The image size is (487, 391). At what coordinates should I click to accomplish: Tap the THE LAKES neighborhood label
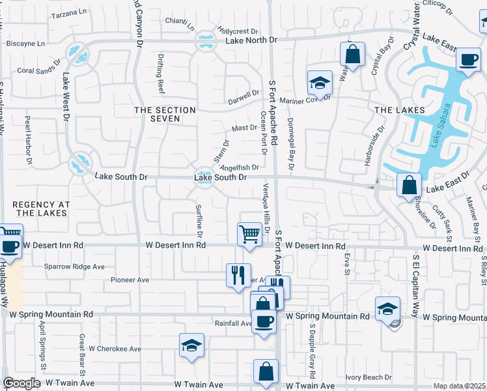pos(400,110)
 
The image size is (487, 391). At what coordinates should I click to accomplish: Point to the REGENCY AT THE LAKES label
pos(40,209)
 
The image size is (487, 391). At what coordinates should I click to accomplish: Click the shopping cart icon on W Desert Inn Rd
pos(249,234)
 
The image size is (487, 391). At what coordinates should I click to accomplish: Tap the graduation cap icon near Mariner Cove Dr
pos(320,83)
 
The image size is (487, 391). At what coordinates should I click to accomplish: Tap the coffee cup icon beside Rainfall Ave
pos(264,321)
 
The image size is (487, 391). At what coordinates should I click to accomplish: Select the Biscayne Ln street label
pos(25,44)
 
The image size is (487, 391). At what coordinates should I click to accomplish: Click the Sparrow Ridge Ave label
pos(74,267)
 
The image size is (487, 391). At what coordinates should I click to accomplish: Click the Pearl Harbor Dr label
pos(28,140)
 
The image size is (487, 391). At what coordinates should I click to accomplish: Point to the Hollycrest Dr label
pos(238,31)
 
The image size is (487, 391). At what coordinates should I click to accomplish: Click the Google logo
pos(21,383)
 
